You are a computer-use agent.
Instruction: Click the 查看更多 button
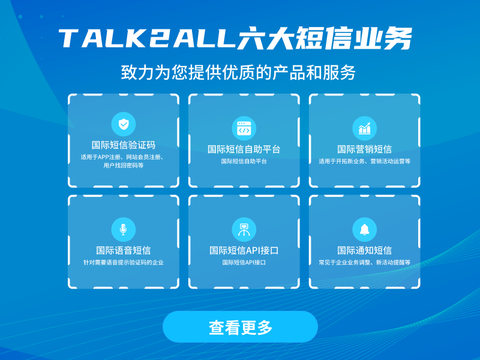tap(241, 326)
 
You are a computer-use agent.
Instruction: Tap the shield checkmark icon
tap(124, 124)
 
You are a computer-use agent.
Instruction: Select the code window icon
tap(244, 128)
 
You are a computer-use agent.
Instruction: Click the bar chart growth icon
tap(365, 128)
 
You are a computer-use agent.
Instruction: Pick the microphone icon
tap(124, 230)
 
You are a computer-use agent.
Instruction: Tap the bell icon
tap(365, 230)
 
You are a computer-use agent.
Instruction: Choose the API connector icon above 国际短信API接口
tap(244, 230)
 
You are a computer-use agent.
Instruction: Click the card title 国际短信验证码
tap(124, 145)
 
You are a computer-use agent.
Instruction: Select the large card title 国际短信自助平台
tap(244, 149)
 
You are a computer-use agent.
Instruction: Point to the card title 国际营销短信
tap(365, 149)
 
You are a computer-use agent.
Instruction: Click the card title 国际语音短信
tap(124, 250)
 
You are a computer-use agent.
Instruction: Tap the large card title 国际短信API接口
tap(244, 250)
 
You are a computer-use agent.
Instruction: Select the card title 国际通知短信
tap(365, 250)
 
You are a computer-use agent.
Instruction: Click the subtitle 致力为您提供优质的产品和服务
tap(238, 73)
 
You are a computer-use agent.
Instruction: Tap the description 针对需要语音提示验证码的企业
tap(124, 262)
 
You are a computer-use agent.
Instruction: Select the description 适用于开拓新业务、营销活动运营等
tap(365, 161)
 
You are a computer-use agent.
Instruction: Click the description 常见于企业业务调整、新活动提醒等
tap(365, 262)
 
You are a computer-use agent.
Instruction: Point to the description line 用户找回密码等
tap(124, 166)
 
